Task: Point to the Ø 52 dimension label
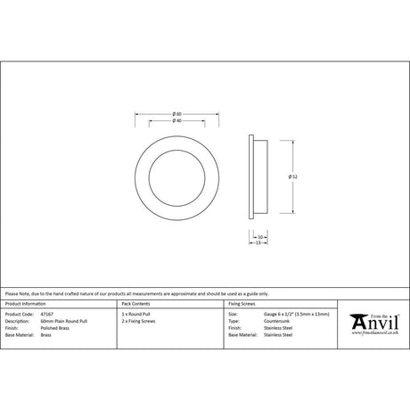pyautogui.click(x=292, y=176)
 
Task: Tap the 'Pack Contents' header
pyautogui.click(x=135, y=303)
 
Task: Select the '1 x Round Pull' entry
pyautogui.click(x=135, y=315)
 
